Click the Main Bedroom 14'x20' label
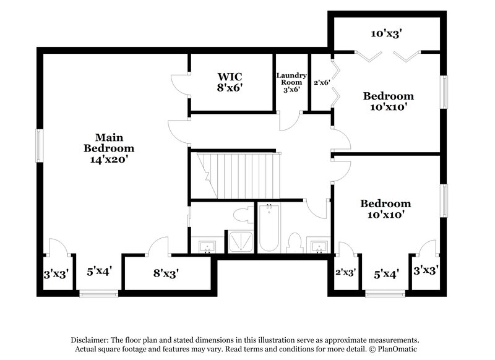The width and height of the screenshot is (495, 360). pos(109,148)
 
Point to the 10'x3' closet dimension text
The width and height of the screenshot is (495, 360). pos(387,34)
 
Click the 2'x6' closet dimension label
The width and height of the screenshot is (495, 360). pos(321,82)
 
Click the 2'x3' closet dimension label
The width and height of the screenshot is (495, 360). pos(345,272)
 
